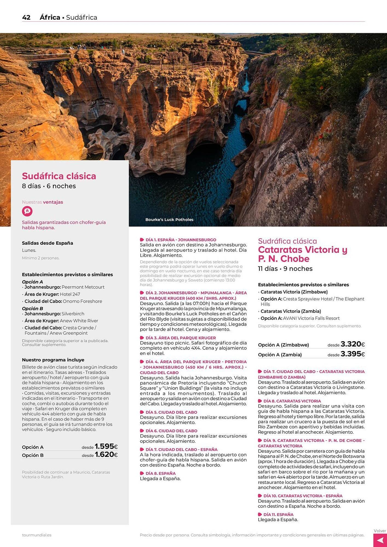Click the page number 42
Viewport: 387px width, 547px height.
(x=26, y=18)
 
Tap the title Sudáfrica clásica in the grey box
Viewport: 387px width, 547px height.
(x=59, y=176)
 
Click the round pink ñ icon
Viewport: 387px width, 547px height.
(x=27, y=211)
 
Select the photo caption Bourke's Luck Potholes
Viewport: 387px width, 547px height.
(x=169, y=220)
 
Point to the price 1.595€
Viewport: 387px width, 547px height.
(x=106, y=447)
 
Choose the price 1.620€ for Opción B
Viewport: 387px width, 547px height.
(x=106, y=455)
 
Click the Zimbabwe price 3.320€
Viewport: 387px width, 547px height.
(x=353, y=344)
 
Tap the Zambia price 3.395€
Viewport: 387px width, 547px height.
(x=353, y=354)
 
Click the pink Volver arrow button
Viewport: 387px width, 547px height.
(x=380, y=540)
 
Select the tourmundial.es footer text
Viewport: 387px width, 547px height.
(x=37, y=535)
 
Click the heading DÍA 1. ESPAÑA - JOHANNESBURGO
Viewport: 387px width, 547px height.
(x=181, y=240)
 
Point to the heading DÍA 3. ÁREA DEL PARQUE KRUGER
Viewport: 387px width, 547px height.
(x=181, y=338)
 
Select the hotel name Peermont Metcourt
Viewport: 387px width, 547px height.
(x=83, y=287)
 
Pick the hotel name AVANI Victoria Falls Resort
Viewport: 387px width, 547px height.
(x=311, y=318)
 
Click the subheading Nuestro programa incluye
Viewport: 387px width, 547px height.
(x=53, y=360)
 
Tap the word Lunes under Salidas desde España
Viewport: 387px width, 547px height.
(x=29, y=250)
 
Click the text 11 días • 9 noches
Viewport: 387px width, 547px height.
(x=285, y=269)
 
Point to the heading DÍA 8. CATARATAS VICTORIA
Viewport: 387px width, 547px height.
(x=292, y=401)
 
